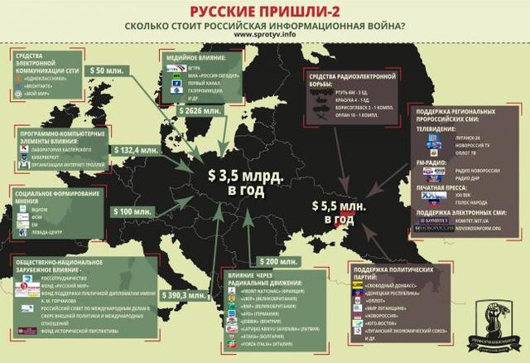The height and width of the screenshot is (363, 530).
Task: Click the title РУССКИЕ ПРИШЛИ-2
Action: pyautogui.click(x=265, y=11)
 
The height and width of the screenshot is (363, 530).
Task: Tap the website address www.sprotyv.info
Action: pyautogui.click(x=265, y=36)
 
